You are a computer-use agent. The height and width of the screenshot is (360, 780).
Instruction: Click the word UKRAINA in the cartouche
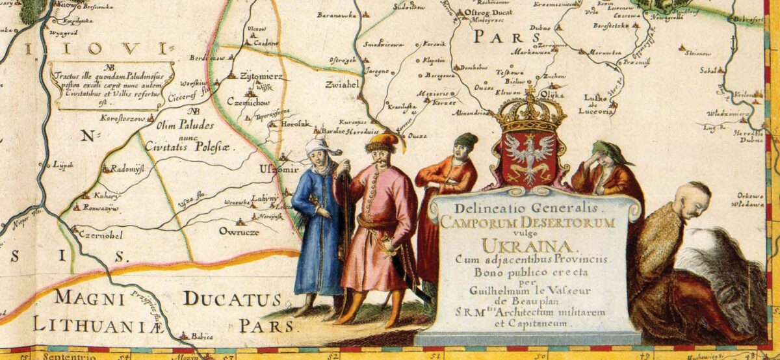click(529, 246)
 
